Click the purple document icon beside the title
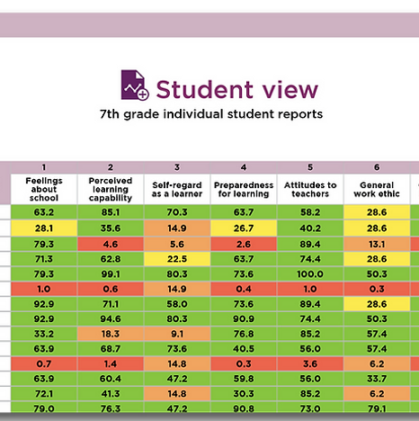135,85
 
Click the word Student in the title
205,89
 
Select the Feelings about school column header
44,189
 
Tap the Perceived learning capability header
111,189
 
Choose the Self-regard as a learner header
177,189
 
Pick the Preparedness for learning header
244,189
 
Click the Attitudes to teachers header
310,189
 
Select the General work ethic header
377,189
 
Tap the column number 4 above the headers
244,167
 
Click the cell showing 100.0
310,274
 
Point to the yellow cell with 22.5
177,259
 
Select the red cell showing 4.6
111,244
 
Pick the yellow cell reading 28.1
44,228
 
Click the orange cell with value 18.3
111,334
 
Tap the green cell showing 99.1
111,274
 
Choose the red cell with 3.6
310,363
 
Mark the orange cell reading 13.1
377,244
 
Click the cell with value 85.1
111,212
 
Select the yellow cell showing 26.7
244,228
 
